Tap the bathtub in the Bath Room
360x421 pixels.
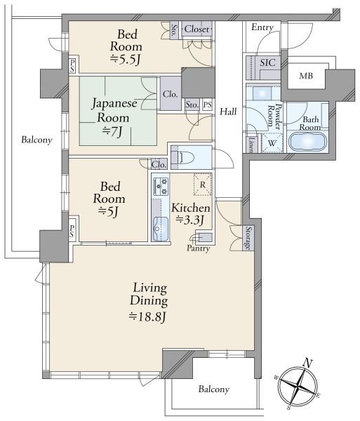click(x=307, y=142)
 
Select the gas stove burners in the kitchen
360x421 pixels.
click(x=160, y=187)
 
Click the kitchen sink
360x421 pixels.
click(x=160, y=229)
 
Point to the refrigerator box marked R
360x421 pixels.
click(x=203, y=185)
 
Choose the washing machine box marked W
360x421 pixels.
click(x=272, y=143)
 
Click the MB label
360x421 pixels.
click(x=306, y=76)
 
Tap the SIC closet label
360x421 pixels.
click(x=267, y=63)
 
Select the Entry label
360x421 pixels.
click(x=262, y=27)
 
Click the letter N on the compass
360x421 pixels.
click(x=307, y=363)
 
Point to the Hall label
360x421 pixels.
click(x=228, y=112)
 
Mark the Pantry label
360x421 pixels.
click(x=198, y=248)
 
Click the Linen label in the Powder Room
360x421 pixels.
click(x=252, y=145)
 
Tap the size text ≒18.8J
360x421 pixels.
click(x=147, y=317)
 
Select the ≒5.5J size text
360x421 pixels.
click(x=125, y=60)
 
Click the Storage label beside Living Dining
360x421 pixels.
click(x=248, y=238)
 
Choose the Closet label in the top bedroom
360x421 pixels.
click(x=196, y=29)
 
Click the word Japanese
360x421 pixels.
click(x=114, y=103)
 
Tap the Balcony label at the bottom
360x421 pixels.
click(x=214, y=389)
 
